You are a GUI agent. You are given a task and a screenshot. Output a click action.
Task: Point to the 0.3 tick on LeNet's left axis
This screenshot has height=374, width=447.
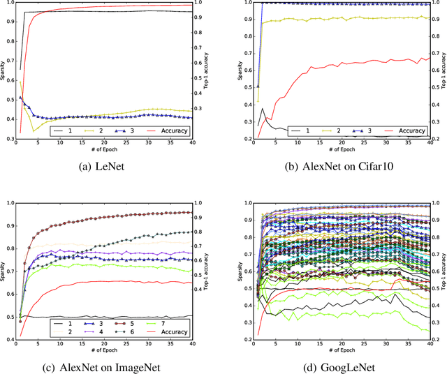(11, 140)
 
